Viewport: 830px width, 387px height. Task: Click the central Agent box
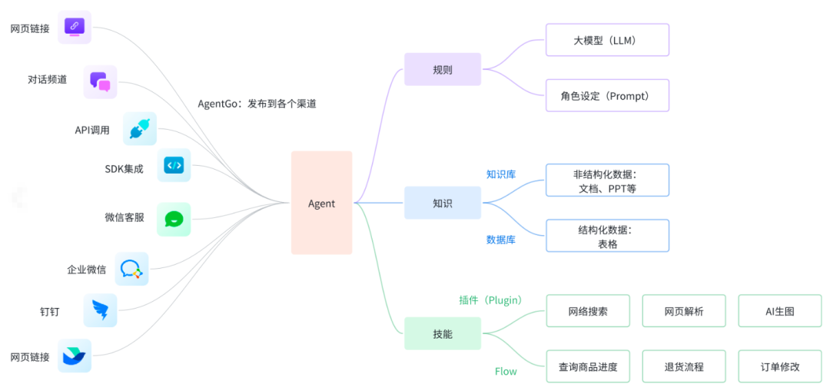pyautogui.click(x=321, y=203)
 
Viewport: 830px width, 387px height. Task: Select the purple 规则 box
pyautogui.click(x=442, y=69)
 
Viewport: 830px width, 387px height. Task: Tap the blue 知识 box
pyautogui.click(x=442, y=203)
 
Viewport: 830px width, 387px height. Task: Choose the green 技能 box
pyautogui.click(x=442, y=333)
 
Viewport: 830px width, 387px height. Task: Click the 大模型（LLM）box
pyautogui.click(x=607, y=40)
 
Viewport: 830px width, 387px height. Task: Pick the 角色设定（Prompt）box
pyautogui.click(x=607, y=95)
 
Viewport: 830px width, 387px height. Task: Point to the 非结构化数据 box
pyautogui.click(x=607, y=180)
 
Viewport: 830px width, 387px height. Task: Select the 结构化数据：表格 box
pyautogui.click(x=607, y=237)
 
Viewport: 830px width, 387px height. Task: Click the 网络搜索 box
pyautogui.click(x=588, y=311)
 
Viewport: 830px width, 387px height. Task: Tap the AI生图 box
pyautogui.click(x=779, y=311)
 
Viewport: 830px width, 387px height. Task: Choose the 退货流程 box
pyautogui.click(x=684, y=366)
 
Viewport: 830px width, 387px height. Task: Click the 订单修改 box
pyautogui.click(x=779, y=366)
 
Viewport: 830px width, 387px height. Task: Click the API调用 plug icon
pyautogui.click(x=139, y=129)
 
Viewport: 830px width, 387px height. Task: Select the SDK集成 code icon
pyautogui.click(x=174, y=165)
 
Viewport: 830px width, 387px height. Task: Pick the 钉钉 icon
pyautogui.click(x=100, y=310)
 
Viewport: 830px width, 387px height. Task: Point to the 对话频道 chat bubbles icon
pyautogui.click(x=100, y=81)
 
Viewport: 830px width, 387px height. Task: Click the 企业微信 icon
pyautogui.click(x=131, y=269)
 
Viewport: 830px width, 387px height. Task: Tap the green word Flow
pyautogui.click(x=506, y=372)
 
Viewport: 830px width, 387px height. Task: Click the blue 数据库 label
pyautogui.click(x=500, y=240)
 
